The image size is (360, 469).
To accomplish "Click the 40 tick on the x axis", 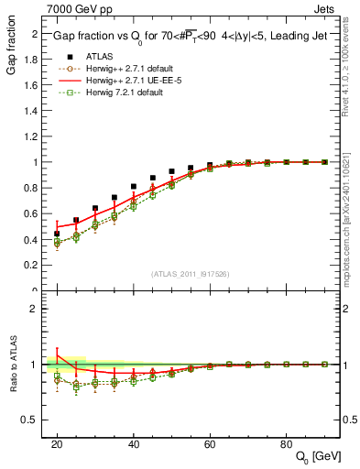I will click(x=134, y=443).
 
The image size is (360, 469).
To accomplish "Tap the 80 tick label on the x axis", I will click(x=286, y=443).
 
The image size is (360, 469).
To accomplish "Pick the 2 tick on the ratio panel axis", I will click(x=37, y=309).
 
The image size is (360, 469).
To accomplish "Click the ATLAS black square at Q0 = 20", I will click(x=57, y=234).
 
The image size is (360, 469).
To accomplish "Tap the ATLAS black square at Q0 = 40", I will click(x=134, y=187).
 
